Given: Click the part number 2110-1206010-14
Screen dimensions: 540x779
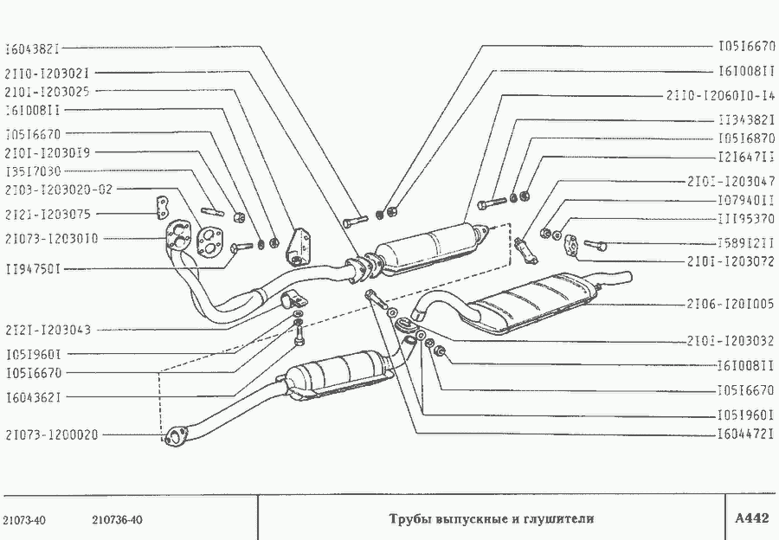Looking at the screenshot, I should tap(719, 94).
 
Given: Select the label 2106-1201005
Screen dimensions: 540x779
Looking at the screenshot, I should tap(731, 304).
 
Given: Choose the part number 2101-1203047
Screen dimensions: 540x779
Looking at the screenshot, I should tap(731, 183).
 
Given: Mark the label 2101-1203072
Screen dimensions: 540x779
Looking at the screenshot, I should tap(731, 260).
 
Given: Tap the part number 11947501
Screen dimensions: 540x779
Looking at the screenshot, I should tap(34, 270).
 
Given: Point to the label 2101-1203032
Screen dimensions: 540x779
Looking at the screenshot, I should tap(731, 341).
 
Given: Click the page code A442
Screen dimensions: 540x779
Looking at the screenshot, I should tap(750, 519).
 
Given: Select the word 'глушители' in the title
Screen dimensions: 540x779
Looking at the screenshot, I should tap(562, 519).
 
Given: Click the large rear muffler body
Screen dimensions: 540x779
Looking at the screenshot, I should tap(537, 302).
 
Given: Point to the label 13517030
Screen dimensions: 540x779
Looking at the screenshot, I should tap(34, 170).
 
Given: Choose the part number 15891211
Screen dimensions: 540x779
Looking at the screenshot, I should tap(745, 241).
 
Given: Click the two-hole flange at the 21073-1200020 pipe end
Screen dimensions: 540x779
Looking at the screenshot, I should tap(177, 434).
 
